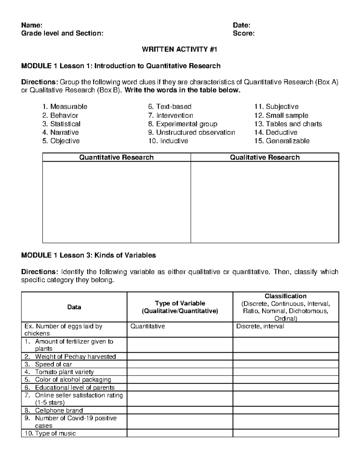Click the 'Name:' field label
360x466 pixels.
(31, 25)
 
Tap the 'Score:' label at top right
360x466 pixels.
(244, 33)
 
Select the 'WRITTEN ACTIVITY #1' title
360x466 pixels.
(179, 50)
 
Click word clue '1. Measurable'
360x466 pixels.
(65, 107)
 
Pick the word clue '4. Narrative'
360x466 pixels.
(60, 132)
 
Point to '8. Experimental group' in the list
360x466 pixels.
(183, 124)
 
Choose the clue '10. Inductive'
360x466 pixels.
(168, 141)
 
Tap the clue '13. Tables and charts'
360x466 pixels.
(288, 124)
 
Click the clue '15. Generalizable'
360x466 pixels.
(282, 141)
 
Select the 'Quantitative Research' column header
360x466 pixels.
(116, 157)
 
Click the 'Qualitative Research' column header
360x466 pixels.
(265, 157)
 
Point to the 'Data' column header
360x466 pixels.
(74, 307)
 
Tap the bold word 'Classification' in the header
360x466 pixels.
(285, 296)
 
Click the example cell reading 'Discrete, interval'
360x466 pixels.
(260, 326)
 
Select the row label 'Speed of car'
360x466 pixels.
(53, 364)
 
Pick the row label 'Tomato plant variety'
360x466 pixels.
(64, 372)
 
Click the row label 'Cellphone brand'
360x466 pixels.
(59, 410)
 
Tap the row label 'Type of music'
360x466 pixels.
(55, 433)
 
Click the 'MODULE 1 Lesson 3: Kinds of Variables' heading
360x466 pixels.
(88, 255)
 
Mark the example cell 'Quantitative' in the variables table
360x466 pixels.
(148, 326)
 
